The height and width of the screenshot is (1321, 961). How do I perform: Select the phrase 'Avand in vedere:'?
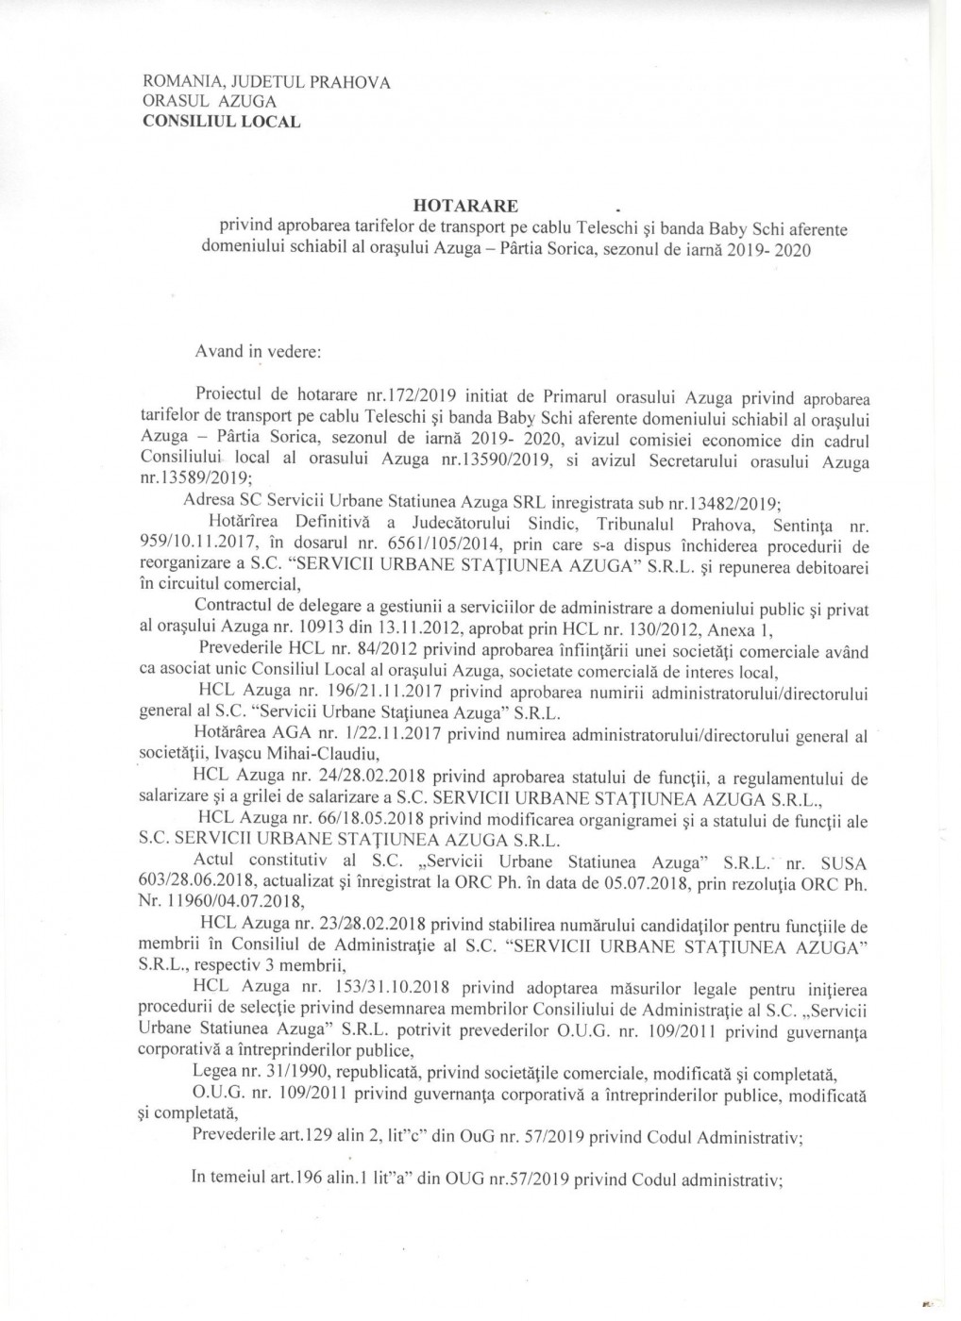coord(258,351)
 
